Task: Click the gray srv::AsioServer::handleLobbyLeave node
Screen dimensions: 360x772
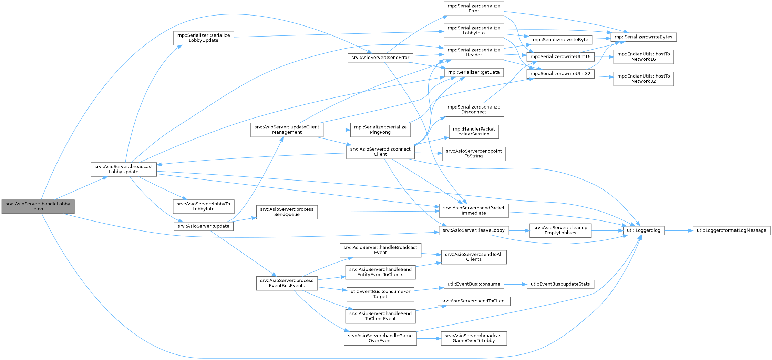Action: click(x=38, y=206)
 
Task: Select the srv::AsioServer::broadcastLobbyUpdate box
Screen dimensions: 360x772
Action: click(x=124, y=169)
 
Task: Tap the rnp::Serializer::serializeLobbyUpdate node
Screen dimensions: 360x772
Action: click(x=204, y=38)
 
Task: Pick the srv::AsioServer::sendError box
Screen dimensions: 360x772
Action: click(x=380, y=58)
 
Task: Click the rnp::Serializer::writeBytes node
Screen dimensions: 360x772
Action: click(x=643, y=37)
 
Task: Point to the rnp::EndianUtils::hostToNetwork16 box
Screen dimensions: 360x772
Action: click(x=643, y=56)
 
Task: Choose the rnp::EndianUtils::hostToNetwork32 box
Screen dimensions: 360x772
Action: click(x=643, y=79)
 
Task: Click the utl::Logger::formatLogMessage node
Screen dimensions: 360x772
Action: click(x=731, y=230)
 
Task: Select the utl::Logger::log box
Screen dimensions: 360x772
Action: click(x=644, y=230)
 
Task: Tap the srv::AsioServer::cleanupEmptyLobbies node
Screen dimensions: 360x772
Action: click(x=560, y=230)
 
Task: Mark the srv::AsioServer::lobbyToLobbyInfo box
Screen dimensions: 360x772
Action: click(x=204, y=206)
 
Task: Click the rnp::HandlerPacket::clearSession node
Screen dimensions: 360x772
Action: click(x=474, y=132)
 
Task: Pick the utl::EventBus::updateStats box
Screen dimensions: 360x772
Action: click(x=560, y=284)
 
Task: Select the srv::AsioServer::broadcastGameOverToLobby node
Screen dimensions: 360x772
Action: click(x=474, y=338)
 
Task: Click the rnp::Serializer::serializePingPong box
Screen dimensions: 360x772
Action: click(x=380, y=130)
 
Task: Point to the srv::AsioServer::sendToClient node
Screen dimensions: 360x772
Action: click(x=474, y=301)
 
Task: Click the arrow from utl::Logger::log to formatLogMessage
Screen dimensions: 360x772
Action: click(x=678, y=230)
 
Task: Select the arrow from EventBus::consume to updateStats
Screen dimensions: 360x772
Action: click(x=515, y=284)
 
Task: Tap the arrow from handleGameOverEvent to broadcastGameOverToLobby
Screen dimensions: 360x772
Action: click(x=429, y=339)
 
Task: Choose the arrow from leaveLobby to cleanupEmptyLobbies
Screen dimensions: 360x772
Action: click(x=519, y=230)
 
